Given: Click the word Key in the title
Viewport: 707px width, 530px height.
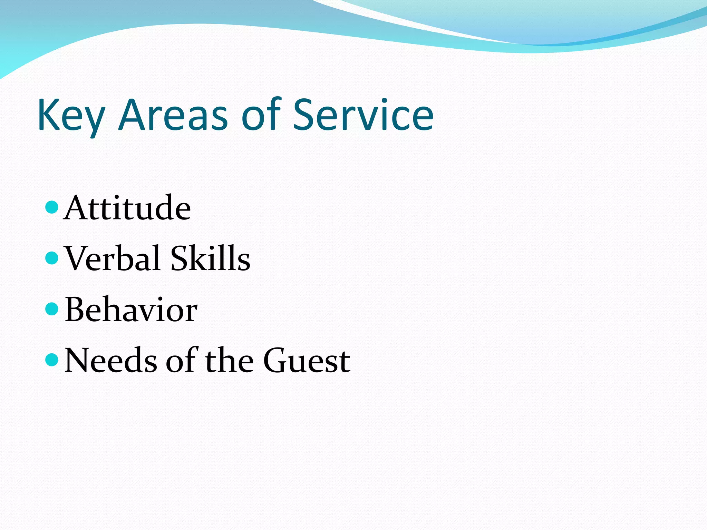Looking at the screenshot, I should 71,116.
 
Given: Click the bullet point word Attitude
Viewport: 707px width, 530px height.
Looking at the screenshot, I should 127,208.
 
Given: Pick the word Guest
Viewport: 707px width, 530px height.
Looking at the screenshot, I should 307,361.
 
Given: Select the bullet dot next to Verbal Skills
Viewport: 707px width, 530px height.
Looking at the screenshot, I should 52,258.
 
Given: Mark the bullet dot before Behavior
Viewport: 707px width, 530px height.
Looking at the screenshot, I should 52,309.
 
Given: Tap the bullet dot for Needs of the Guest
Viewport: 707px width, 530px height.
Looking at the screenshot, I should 52,360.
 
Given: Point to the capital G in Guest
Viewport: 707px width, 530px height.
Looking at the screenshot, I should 276,361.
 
